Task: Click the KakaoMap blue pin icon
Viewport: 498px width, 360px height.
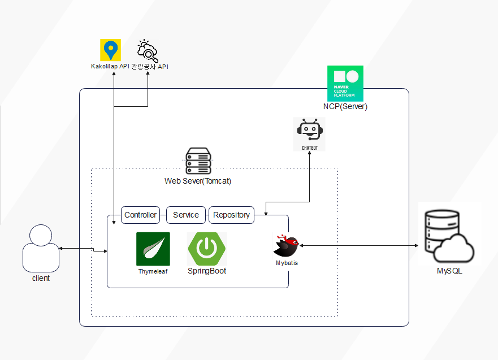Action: (110, 50)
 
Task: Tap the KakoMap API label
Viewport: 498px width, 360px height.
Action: (110, 66)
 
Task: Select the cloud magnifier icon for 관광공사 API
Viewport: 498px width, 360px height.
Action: (148, 51)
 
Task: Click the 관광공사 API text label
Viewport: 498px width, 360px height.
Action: (150, 67)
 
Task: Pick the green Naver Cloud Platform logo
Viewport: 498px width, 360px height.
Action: (345, 83)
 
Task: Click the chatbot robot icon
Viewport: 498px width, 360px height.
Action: (309, 135)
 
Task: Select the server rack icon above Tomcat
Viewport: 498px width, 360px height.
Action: (198, 161)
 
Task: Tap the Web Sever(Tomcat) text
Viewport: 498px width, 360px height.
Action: (198, 181)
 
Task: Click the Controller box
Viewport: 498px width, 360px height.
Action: (140, 215)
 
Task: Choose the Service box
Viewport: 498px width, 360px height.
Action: (186, 215)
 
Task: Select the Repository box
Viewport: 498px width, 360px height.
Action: (231, 215)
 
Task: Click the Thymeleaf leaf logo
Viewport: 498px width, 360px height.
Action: (153, 249)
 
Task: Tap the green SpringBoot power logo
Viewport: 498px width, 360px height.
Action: (207, 249)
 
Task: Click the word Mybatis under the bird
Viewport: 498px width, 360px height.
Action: (287, 263)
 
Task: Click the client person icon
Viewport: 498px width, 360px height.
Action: (41, 248)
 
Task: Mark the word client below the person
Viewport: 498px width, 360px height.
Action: (41, 278)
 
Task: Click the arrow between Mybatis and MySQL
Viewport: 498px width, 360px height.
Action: (358, 246)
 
